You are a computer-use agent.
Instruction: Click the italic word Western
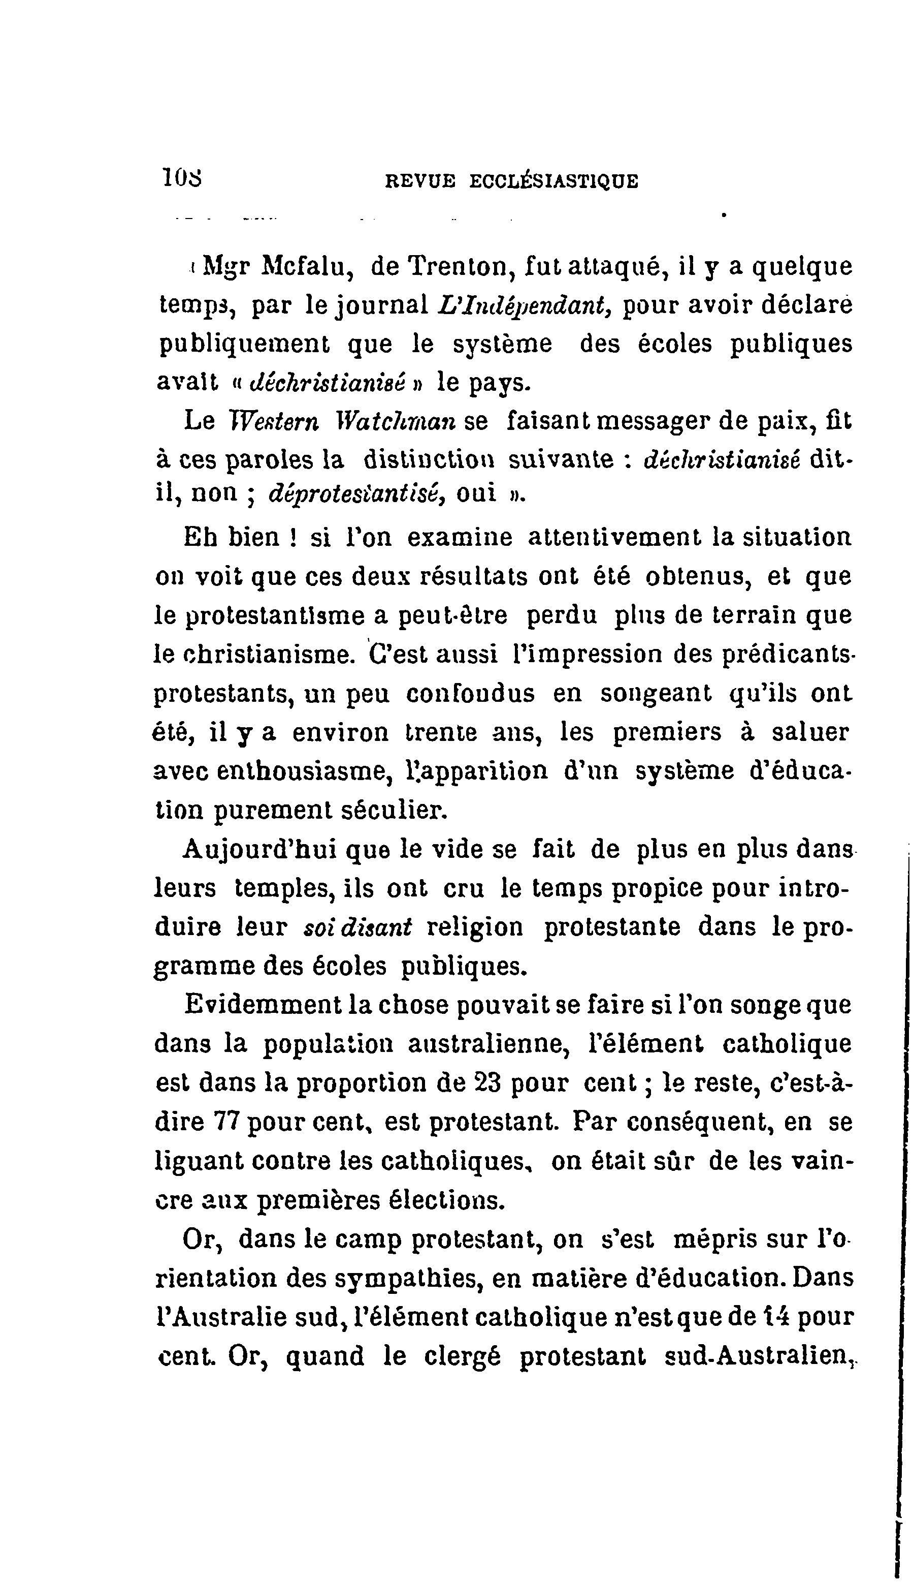[274, 422]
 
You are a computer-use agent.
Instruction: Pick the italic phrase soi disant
[357, 927]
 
